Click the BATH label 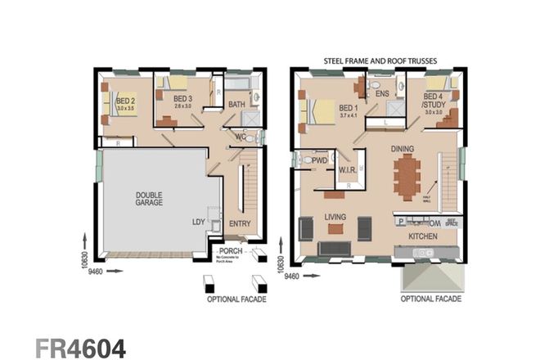click(x=237, y=104)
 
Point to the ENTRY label click(x=240, y=223)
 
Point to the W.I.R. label click(x=347, y=170)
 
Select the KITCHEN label click(x=423, y=236)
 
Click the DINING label click(x=403, y=150)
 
